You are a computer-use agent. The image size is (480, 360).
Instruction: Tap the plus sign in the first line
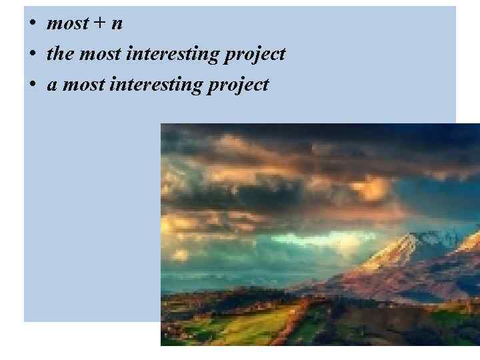pos(99,24)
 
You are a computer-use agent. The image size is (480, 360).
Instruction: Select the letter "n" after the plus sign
pos(117,25)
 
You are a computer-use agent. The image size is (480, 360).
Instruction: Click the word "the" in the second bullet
pos(60,54)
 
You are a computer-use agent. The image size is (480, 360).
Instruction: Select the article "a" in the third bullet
pos(51,85)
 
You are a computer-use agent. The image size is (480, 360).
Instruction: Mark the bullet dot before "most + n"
pos(32,24)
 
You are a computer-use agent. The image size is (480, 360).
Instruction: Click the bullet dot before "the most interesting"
pos(32,54)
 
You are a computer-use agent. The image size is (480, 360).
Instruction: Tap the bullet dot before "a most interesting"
pos(32,85)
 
